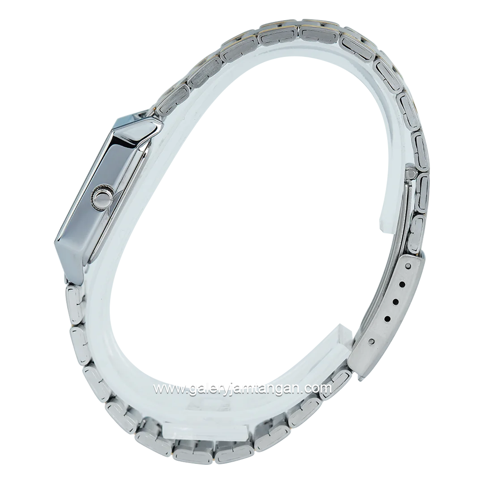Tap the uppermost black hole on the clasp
click(x=402, y=283)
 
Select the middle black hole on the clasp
click(x=395, y=300)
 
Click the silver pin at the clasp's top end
click(x=409, y=266)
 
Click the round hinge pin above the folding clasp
click(x=411, y=170)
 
